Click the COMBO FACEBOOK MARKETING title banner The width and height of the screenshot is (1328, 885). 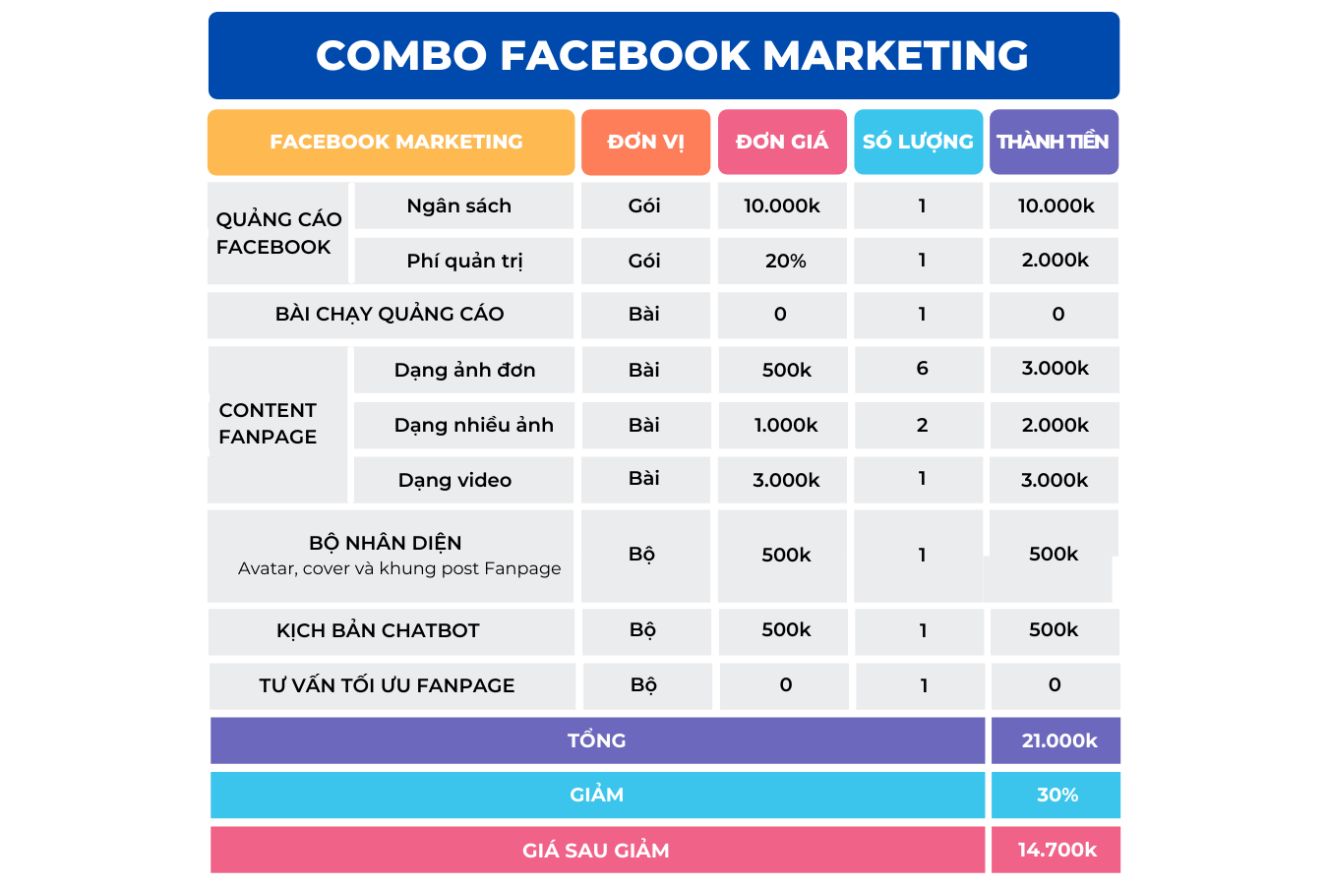coord(672,56)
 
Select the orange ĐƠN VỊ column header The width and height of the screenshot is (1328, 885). coord(645,142)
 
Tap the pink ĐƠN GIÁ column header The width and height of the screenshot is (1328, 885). coord(782,142)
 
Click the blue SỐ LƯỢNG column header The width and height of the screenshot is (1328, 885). coord(918,142)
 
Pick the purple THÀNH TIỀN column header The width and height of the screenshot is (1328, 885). coord(1053,142)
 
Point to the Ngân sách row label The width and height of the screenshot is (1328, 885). coord(459,206)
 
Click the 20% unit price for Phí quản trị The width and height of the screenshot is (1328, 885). coord(785,261)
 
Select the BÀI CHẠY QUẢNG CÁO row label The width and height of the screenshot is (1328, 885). coord(390,314)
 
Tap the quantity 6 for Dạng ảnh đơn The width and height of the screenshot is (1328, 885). coord(922,369)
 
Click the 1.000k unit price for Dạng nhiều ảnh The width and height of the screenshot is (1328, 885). coord(786,425)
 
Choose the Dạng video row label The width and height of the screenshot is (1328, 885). coord(454,480)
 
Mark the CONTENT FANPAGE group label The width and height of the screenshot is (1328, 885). coord(268,424)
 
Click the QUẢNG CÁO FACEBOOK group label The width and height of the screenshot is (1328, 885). coord(278,233)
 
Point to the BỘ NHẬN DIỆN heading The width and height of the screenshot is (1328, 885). coord(386,543)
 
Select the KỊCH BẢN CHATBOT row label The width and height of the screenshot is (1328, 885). coord(378,630)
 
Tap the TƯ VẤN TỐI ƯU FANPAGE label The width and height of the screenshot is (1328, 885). coord(387,685)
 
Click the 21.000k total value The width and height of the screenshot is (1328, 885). coord(1058,740)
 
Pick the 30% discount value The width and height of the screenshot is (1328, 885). coord(1057,795)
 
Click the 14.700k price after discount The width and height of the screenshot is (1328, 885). coord(1056,850)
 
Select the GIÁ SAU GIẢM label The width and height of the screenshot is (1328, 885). coord(596,851)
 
